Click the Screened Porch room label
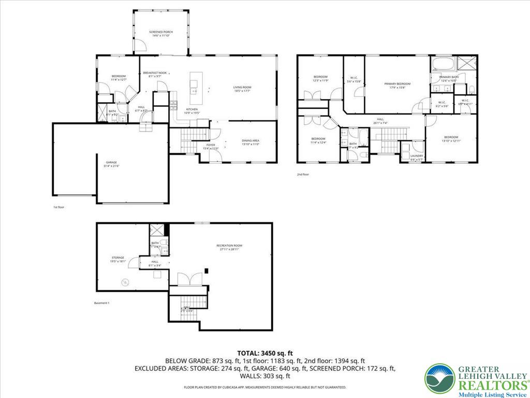(x=160, y=32)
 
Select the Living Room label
(x=242, y=88)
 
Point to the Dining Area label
(x=251, y=140)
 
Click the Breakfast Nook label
(x=155, y=73)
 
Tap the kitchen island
(x=195, y=83)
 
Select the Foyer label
(x=211, y=145)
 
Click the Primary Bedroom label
(x=397, y=83)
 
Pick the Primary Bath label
(x=449, y=77)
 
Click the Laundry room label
(x=417, y=156)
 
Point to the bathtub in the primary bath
(x=443, y=65)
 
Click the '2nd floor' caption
(x=303, y=175)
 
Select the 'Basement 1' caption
(x=101, y=303)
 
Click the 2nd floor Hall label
(x=380, y=120)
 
